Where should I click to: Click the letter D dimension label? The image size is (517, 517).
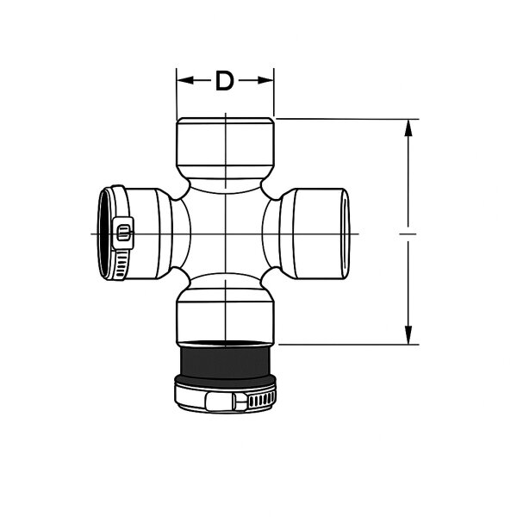click(x=225, y=81)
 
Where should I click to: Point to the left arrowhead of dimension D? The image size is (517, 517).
click(x=182, y=81)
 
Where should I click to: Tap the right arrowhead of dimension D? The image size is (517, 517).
click(x=268, y=81)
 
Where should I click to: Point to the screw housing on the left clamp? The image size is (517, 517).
click(x=123, y=232)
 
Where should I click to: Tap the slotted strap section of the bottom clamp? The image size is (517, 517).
click(x=258, y=400)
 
